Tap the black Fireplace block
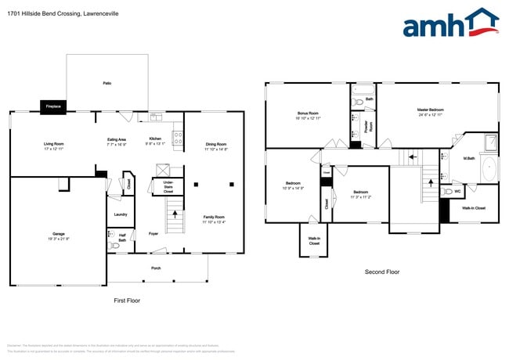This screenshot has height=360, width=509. [53, 106]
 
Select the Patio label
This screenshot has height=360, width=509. [106, 83]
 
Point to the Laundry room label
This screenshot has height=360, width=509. [120, 214]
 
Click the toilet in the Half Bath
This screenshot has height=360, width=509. [116, 245]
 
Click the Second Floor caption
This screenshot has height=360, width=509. [382, 272]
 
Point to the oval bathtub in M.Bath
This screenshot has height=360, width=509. [489, 168]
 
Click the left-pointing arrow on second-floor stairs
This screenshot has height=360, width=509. [409, 159]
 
